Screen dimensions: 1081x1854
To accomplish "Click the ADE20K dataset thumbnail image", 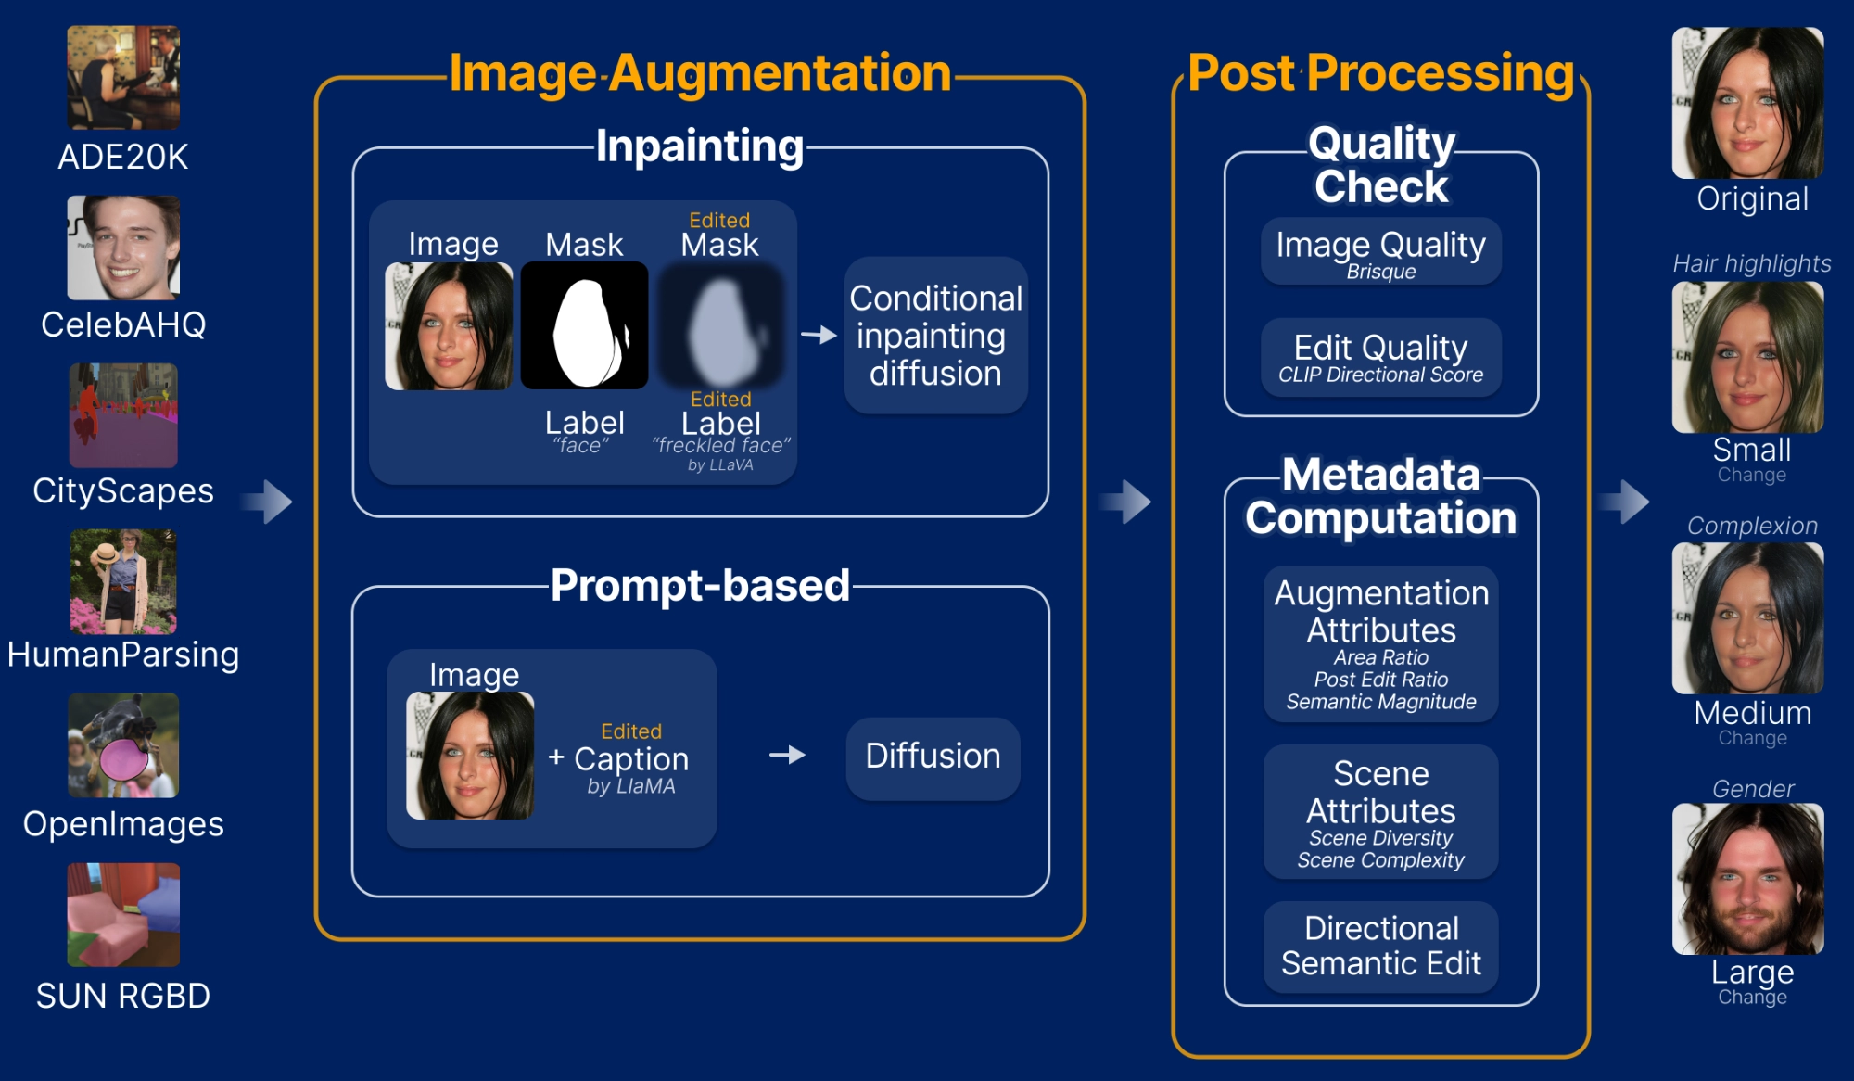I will point(123,77).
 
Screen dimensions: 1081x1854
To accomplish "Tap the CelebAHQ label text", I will point(123,325).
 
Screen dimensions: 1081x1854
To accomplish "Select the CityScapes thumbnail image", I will point(123,415).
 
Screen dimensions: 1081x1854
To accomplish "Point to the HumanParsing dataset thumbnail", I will point(123,581).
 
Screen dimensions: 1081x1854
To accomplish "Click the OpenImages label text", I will point(123,824).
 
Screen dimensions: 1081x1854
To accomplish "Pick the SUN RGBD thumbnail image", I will point(123,915).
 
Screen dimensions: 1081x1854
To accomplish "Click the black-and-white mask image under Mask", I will point(584,325).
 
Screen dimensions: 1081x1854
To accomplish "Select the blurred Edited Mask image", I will point(720,325).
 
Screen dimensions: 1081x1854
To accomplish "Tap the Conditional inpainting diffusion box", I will point(935,336).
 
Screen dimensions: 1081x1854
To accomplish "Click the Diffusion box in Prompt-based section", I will point(933,757).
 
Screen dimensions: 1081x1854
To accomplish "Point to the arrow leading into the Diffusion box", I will point(787,756).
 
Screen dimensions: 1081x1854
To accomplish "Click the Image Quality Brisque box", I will point(1380,251).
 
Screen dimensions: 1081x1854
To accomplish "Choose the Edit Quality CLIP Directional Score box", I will point(1380,358).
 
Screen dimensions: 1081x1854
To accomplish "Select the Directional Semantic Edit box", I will point(1380,947).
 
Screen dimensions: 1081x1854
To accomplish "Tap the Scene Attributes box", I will point(1380,812).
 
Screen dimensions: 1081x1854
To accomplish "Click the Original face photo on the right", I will point(1747,103).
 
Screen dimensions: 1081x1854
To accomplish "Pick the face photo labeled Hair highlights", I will point(1747,357).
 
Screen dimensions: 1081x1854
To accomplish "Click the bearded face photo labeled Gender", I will point(1747,879).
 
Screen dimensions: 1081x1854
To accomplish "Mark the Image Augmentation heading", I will point(700,73).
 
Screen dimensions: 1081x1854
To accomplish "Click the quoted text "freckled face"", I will point(721,446).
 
